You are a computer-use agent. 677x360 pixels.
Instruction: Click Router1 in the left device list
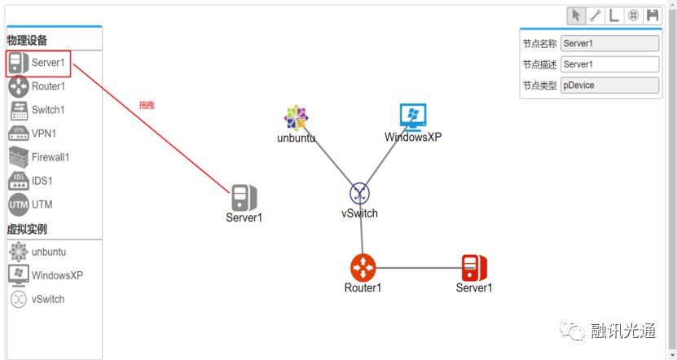(47, 86)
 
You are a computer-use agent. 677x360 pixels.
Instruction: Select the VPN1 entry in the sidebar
(43, 134)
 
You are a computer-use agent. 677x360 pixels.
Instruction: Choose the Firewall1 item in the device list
(50, 157)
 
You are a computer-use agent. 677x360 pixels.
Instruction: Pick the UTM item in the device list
(42, 204)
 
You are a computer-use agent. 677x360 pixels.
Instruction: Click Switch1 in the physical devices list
(47, 110)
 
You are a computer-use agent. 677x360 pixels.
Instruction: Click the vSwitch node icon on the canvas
(360, 194)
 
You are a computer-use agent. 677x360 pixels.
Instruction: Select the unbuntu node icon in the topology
(296, 118)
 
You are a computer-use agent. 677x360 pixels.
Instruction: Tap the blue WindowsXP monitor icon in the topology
(413, 116)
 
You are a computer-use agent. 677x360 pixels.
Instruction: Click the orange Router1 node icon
(363, 267)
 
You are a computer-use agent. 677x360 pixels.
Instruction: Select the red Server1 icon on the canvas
(473, 267)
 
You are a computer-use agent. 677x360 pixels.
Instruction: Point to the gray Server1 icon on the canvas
(244, 197)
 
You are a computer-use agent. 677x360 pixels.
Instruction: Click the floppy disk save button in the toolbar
(652, 15)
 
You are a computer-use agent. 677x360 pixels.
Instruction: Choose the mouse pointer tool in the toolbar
(576, 15)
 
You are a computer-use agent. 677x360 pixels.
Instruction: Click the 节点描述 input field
(609, 64)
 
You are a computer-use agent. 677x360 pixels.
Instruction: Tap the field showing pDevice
(609, 86)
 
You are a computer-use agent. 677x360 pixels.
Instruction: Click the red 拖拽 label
(147, 106)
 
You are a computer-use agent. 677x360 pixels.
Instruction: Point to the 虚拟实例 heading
(27, 230)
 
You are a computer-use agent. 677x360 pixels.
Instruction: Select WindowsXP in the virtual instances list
(56, 275)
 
